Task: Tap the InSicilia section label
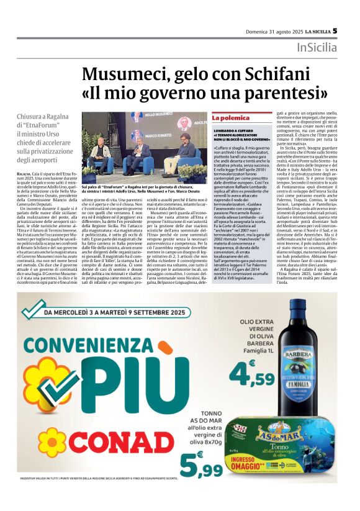(x=317, y=48)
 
